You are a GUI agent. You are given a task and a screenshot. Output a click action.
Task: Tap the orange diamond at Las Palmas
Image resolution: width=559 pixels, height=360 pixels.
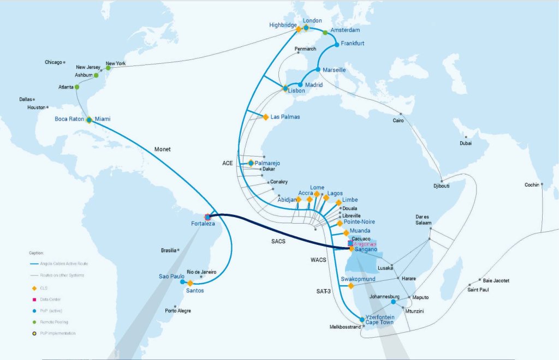[x=266, y=117]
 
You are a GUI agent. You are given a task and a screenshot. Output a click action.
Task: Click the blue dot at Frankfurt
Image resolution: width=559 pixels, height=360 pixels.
[x=337, y=44]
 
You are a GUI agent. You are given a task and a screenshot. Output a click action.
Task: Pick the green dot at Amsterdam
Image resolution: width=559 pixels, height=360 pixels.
[x=325, y=33]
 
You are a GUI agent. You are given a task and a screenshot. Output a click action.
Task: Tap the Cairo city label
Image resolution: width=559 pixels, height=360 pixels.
[x=398, y=121]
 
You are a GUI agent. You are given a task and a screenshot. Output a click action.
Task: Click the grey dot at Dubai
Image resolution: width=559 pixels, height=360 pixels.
[x=466, y=137]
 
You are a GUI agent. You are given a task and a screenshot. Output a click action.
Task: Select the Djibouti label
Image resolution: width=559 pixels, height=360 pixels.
[x=441, y=186]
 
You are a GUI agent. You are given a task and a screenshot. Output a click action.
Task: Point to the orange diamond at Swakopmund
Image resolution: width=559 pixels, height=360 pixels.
[x=351, y=286]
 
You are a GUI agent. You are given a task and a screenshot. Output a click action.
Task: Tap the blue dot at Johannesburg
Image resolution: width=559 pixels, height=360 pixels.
[x=393, y=302]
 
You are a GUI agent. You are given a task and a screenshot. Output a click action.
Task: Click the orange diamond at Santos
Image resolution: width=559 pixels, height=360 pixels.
[x=190, y=284]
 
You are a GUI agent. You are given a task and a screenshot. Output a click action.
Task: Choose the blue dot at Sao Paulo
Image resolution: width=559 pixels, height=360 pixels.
[x=182, y=282]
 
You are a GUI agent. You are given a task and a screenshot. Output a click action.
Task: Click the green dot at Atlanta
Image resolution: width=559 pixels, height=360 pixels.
[x=77, y=87]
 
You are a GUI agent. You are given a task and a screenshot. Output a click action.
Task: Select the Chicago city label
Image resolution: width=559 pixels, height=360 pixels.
[x=53, y=62]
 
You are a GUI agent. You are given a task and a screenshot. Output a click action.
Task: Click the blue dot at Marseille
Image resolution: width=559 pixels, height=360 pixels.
[x=318, y=69]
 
